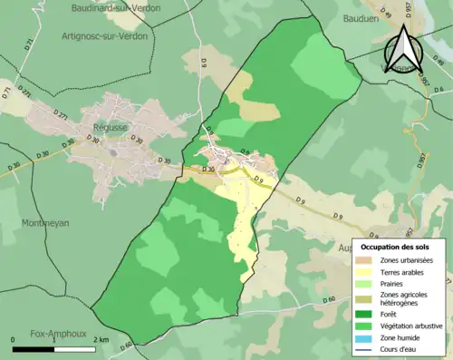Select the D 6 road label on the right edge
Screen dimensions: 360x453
(438, 90)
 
